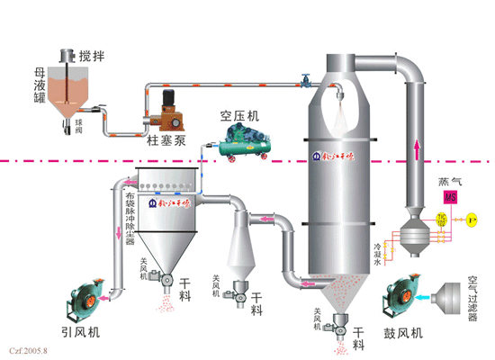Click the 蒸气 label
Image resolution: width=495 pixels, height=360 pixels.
[448, 179]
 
